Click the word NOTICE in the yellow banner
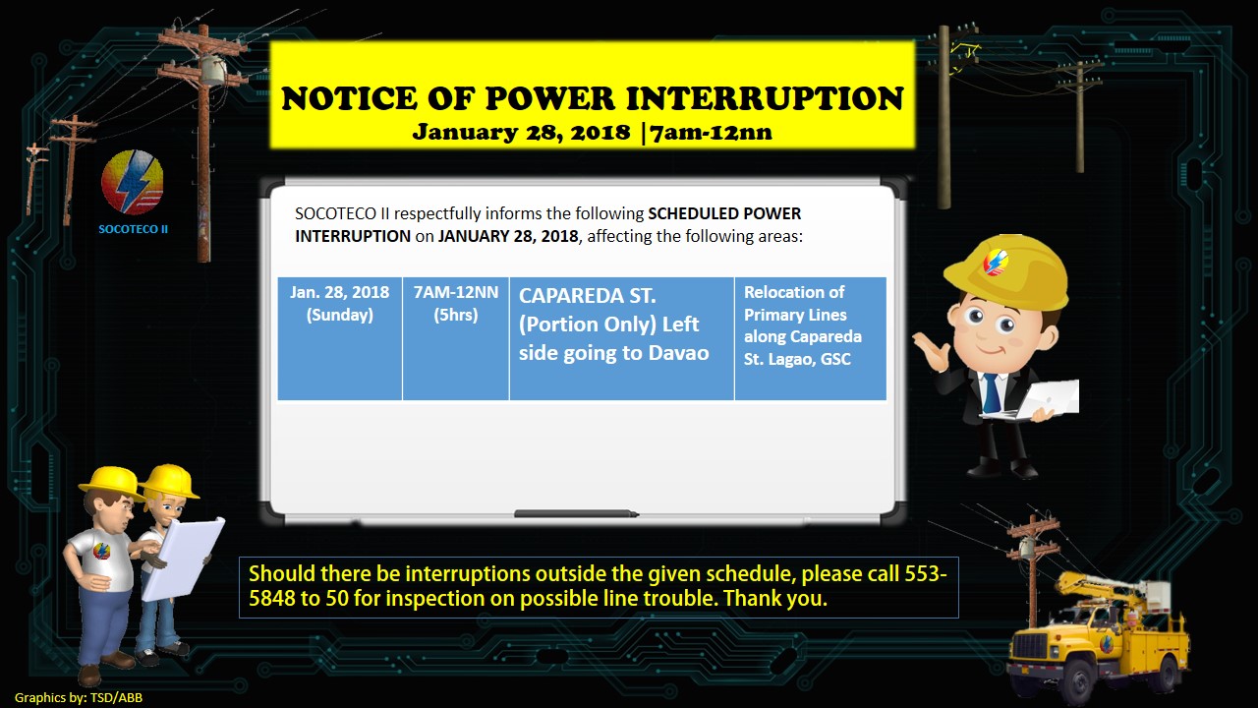pos(348,98)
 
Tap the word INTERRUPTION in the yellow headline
pos(764,98)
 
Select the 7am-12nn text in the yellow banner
pos(711,133)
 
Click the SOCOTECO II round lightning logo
pos(132,182)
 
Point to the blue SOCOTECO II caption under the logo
pos(133,229)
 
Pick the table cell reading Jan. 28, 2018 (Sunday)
pos(340,338)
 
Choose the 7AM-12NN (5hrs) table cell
pos(455,338)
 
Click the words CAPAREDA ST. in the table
pos(587,296)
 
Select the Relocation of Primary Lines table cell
pos(811,338)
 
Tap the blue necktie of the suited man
pos(991,392)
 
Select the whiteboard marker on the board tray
pos(576,513)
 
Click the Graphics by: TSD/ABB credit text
pos(79,698)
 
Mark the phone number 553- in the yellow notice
pos(926,573)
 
